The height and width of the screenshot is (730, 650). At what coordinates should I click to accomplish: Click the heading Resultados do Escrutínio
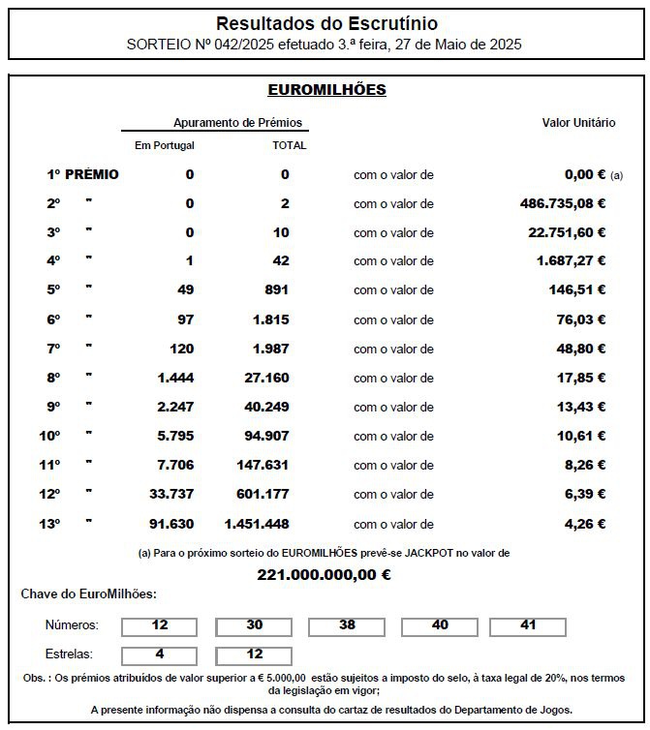tap(325, 22)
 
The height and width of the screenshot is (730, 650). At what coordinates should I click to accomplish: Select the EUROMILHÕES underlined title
tap(326, 90)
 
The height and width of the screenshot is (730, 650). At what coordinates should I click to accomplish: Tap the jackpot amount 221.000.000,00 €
tap(324, 574)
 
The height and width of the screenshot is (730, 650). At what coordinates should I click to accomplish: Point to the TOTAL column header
tap(289, 146)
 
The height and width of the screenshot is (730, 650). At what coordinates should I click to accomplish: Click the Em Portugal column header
tap(164, 146)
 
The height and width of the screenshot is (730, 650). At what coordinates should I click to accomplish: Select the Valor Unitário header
tap(578, 123)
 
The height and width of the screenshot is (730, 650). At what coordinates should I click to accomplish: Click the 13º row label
tap(49, 524)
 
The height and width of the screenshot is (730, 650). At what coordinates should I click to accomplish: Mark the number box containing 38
tap(346, 626)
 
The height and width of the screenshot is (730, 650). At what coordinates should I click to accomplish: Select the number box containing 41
tap(528, 626)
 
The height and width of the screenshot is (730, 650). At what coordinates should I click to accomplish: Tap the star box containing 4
tap(160, 654)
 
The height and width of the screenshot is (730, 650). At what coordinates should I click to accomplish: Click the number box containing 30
tap(253, 626)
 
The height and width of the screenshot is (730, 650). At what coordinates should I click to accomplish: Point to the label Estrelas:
tap(70, 655)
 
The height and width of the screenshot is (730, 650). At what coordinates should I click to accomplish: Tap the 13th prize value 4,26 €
tap(584, 524)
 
